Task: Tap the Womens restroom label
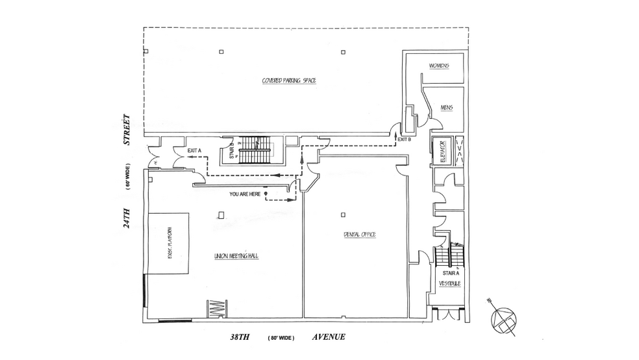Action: click(439, 66)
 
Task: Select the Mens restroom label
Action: click(446, 107)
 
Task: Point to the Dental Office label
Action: click(360, 234)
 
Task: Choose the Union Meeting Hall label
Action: click(236, 256)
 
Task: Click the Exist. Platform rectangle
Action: click(169, 242)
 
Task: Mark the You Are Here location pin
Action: click(265, 194)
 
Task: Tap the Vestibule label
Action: click(449, 283)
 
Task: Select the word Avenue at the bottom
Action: click(328, 337)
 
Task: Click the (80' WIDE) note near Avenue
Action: click(284, 337)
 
